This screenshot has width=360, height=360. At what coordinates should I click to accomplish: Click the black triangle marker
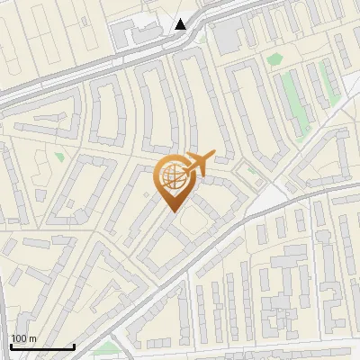(181, 24)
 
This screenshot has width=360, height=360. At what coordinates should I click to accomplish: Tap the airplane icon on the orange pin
(197, 163)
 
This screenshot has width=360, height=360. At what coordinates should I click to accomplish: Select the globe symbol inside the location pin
(172, 176)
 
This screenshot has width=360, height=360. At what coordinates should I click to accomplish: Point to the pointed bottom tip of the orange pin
(173, 210)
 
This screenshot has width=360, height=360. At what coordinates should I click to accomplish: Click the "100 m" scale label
(23, 338)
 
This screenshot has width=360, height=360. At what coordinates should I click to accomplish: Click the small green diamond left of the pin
(59, 157)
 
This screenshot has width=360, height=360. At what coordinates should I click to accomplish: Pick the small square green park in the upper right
(274, 59)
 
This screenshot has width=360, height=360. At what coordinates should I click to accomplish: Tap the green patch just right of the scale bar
(109, 346)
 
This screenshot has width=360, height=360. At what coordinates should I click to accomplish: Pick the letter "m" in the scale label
(32, 338)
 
